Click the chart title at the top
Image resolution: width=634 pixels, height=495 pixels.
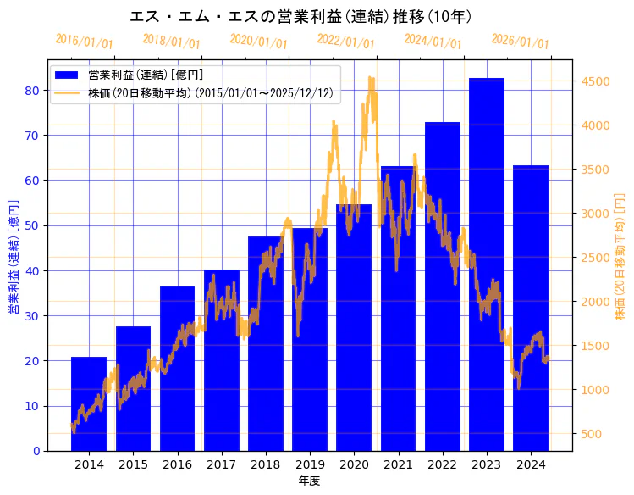pos(300,16)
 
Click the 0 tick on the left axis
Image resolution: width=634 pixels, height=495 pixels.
pos(37,451)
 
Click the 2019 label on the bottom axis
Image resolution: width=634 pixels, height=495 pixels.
pos(310,464)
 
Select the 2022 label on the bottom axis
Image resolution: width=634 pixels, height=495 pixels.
pos(443,464)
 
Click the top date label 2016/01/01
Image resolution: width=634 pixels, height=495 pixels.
pos(84,42)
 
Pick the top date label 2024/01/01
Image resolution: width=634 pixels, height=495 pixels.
pos(433,42)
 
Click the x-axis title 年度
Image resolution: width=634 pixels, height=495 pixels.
pos(309,481)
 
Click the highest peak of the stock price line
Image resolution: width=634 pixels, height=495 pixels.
pos(370,78)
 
